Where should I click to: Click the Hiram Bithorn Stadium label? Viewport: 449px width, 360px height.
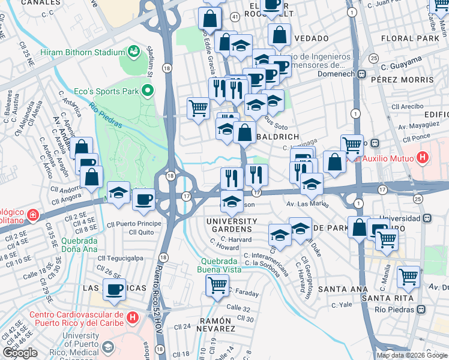[82, 52]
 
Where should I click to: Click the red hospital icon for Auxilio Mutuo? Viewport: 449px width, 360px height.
[423, 158]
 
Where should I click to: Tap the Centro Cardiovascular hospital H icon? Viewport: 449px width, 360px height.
[133, 316]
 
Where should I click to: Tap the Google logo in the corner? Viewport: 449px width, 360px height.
[20, 353]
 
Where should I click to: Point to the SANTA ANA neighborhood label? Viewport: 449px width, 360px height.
[343, 289]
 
